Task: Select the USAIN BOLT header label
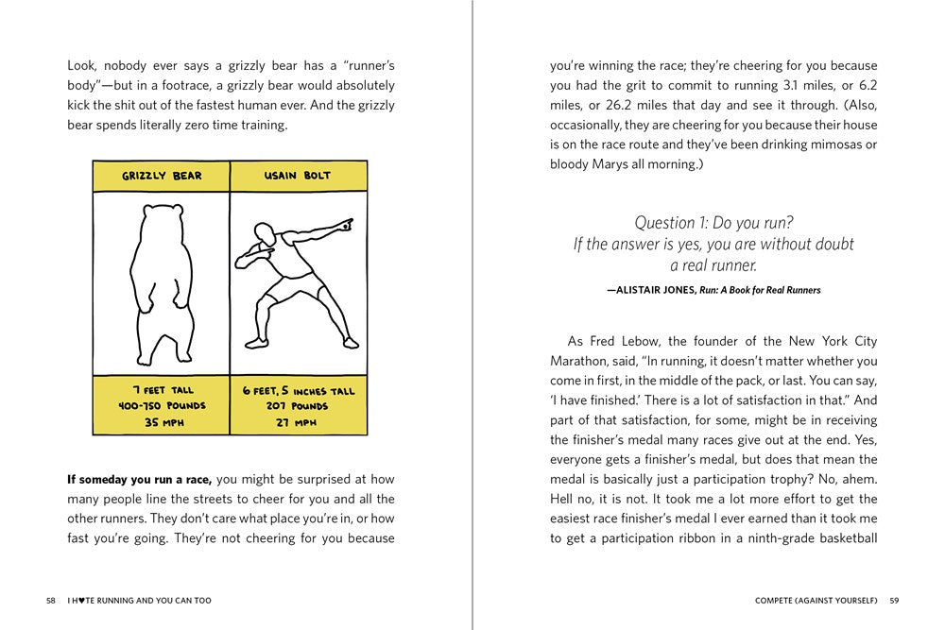pyautogui.click(x=298, y=176)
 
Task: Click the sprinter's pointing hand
pyautogui.click(x=347, y=226)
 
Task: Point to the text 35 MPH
pyautogui.click(x=162, y=422)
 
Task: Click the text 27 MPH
pyautogui.click(x=298, y=422)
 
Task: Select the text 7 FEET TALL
pyautogui.click(x=162, y=390)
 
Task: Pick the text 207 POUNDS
pyautogui.click(x=298, y=406)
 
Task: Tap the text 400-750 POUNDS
pyautogui.click(x=162, y=406)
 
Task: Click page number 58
pyautogui.click(x=50, y=601)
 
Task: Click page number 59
pyautogui.click(x=894, y=601)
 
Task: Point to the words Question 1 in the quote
pyautogui.click(x=670, y=223)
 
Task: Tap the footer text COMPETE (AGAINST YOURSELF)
pyautogui.click(x=816, y=601)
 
